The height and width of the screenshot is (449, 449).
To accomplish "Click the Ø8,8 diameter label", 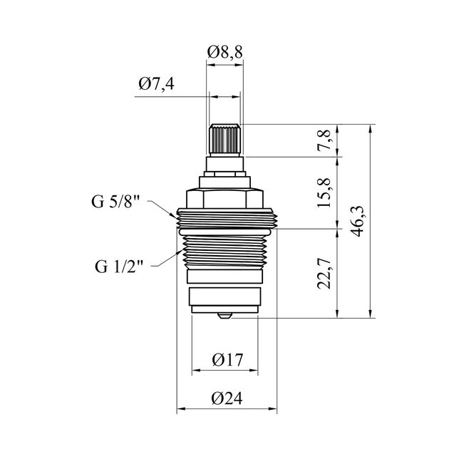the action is pyautogui.click(x=225, y=52).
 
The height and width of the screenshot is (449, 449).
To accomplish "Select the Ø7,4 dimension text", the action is pyautogui.click(x=156, y=84).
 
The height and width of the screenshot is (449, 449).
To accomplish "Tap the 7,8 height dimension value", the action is pyautogui.click(x=324, y=140).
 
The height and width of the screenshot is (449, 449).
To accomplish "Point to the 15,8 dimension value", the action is pyautogui.click(x=324, y=192).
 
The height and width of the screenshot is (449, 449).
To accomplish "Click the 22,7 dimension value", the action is pyautogui.click(x=324, y=273).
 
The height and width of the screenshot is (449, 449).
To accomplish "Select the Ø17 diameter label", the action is pyautogui.click(x=227, y=360).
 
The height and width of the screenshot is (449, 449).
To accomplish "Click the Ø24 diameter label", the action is pyautogui.click(x=227, y=398).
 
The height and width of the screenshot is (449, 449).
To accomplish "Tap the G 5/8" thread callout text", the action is pyautogui.click(x=115, y=202).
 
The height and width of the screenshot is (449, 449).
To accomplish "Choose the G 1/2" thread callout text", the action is pyautogui.click(x=119, y=267).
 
